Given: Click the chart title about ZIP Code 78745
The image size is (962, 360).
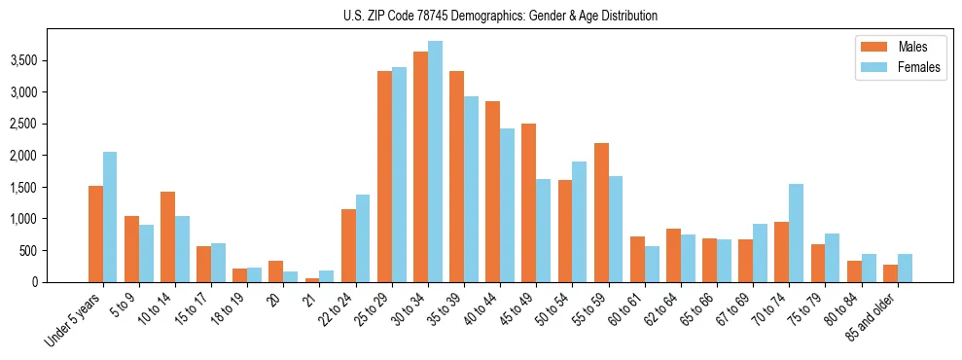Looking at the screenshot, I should point(500,16).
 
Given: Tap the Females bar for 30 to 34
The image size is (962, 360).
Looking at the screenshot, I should point(435,162).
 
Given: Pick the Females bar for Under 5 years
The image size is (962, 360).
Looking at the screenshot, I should point(110,217).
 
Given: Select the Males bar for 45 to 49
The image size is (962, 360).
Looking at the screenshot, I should point(528,202).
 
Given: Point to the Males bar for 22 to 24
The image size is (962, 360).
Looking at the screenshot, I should point(348,245).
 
